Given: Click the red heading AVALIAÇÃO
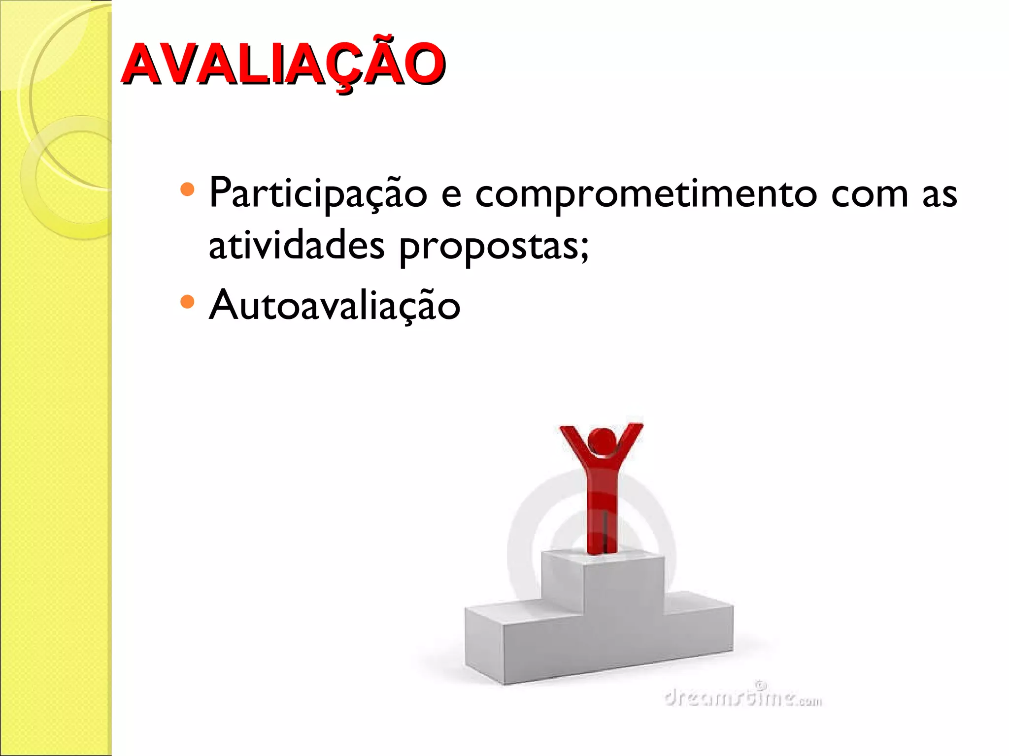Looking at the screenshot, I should tap(283, 64).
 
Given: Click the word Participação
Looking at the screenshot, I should tap(318, 193).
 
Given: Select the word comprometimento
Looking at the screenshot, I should tap(645, 193).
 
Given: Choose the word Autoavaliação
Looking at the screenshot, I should tap(335, 305).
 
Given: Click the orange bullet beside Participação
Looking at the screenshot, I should tap(188, 189).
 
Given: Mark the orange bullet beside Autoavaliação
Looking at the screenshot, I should tap(188, 301).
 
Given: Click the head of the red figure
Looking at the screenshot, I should tap(602, 440).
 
